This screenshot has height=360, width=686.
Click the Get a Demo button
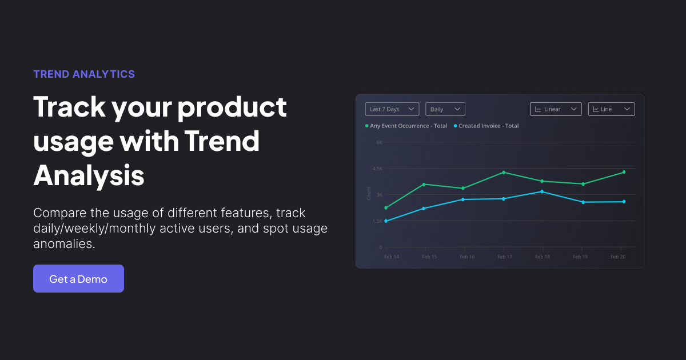click(x=78, y=279)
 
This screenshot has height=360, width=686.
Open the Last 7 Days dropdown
click(x=392, y=109)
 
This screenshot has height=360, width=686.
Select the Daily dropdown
click(x=445, y=109)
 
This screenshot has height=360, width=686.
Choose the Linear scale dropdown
click(x=556, y=109)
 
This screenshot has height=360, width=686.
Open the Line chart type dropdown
click(x=611, y=109)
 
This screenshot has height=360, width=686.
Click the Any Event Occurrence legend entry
click(x=406, y=126)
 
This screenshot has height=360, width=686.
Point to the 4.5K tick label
click(x=377, y=169)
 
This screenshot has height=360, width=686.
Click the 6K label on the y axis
click(x=379, y=142)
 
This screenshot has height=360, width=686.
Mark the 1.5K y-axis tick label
click(x=377, y=221)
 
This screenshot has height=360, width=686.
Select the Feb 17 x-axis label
click(x=504, y=257)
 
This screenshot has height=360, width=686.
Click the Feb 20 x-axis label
click(x=618, y=257)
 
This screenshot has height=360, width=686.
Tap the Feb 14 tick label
click(x=392, y=257)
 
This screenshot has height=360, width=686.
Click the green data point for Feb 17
click(x=504, y=173)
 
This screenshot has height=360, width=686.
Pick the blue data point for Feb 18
click(x=542, y=191)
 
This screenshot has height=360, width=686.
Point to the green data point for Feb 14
click(x=386, y=208)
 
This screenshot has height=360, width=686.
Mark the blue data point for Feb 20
click(x=624, y=202)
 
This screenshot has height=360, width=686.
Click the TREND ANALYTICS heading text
click(x=84, y=74)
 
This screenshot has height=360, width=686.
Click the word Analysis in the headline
click(x=89, y=175)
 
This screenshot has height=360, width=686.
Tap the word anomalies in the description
click(x=64, y=244)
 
